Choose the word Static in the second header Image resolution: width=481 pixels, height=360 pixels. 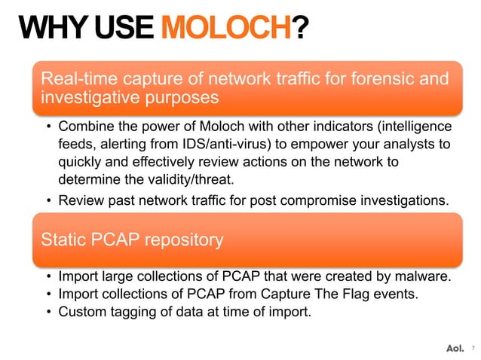63,240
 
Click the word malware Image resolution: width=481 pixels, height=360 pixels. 424,277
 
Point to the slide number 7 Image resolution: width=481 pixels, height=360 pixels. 472,348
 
